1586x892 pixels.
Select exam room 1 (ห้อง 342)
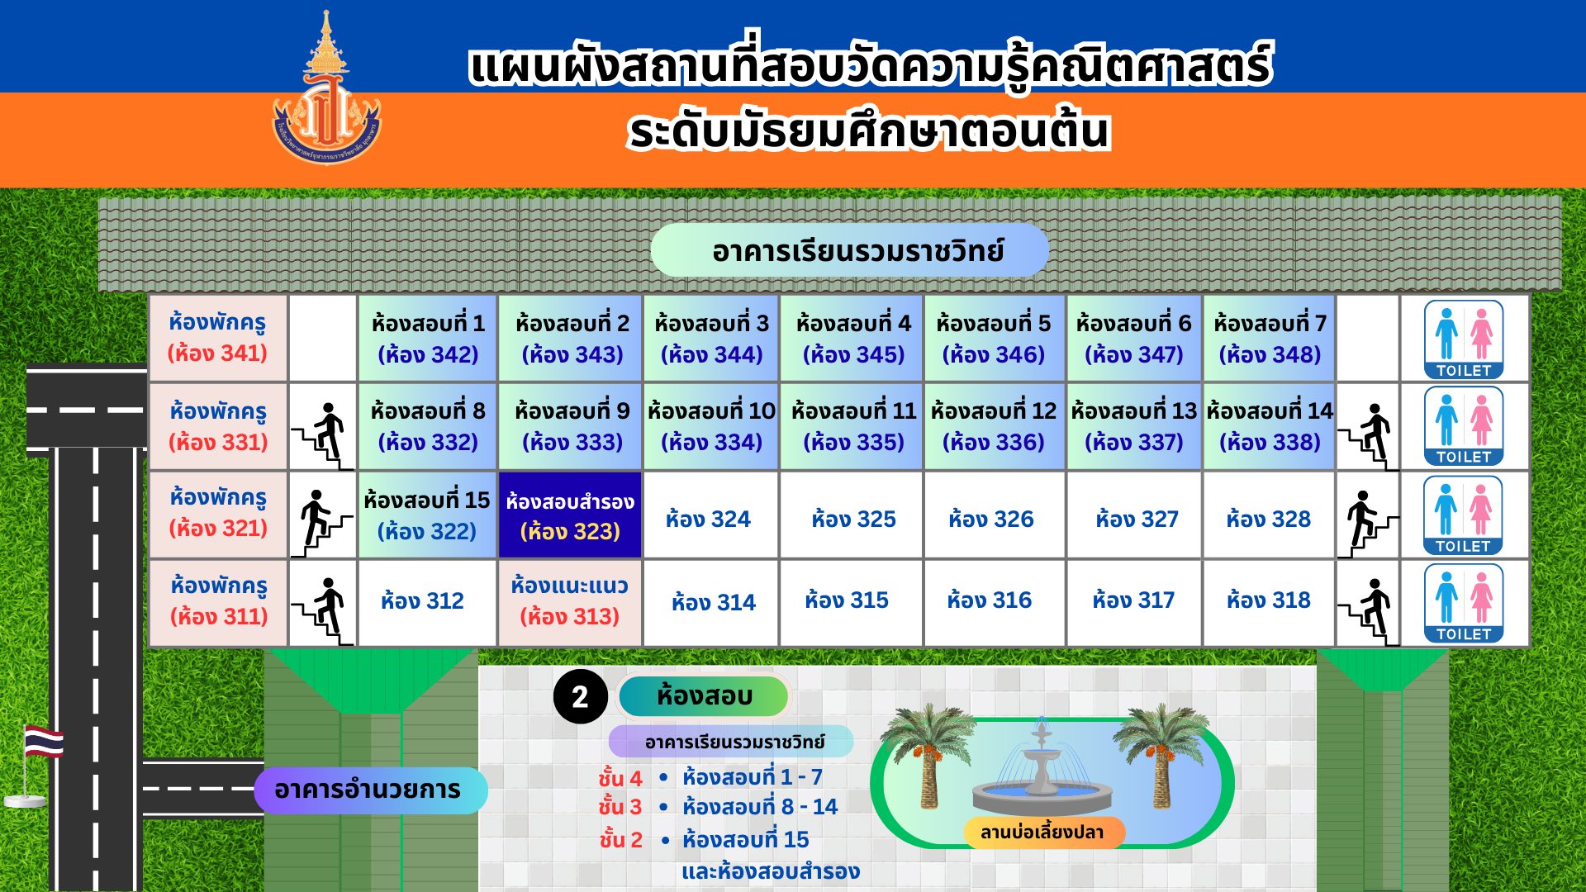click(x=428, y=338)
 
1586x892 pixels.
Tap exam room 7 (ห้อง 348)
click(x=1270, y=338)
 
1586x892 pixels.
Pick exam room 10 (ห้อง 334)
click(x=711, y=426)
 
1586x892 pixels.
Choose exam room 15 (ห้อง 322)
click(x=428, y=515)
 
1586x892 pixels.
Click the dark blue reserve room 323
click(x=570, y=515)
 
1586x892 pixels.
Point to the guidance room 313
click(x=570, y=602)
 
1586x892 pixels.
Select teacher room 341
click(x=218, y=338)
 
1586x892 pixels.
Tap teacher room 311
click(x=218, y=602)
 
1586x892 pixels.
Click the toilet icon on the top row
click(x=1463, y=339)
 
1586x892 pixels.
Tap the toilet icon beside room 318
click(x=1463, y=603)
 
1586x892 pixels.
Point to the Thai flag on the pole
click(x=44, y=741)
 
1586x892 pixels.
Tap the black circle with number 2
click(x=581, y=696)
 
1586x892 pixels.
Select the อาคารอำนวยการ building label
click(x=369, y=790)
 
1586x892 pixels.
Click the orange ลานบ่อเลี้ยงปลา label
click(x=1042, y=832)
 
